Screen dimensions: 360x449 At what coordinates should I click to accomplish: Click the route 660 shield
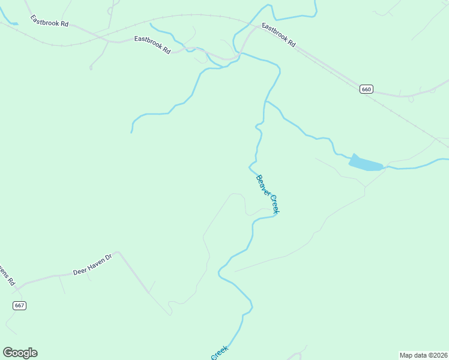click(367, 89)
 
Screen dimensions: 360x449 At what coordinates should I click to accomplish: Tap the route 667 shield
click(19, 305)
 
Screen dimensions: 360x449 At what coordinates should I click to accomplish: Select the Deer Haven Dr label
click(92, 265)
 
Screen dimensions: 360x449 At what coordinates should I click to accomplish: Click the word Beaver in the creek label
click(262, 184)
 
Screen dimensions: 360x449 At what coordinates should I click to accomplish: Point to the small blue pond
click(365, 163)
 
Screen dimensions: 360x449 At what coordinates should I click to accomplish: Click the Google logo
click(20, 352)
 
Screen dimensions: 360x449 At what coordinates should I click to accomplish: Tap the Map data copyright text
click(423, 355)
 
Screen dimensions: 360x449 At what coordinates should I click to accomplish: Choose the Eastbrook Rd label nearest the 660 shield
click(279, 35)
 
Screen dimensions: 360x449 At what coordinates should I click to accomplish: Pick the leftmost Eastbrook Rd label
click(51, 23)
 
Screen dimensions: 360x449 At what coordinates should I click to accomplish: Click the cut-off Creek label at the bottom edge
click(219, 353)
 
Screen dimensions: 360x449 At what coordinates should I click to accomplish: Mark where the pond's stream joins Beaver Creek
click(265, 101)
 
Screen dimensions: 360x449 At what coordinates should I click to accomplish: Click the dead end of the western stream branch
click(131, 132)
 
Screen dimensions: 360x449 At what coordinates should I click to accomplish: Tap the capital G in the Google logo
click(8, 352)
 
